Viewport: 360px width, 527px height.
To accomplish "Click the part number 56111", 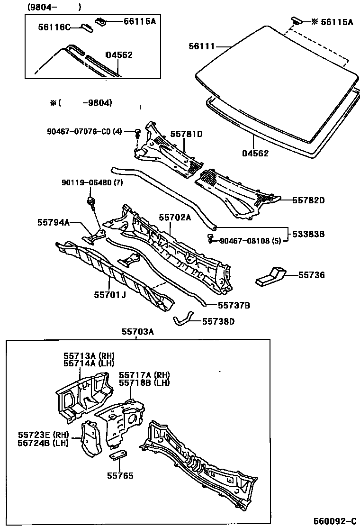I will point(202,46).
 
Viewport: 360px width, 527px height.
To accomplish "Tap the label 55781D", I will point(186,134).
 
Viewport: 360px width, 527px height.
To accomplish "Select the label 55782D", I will point(308,200).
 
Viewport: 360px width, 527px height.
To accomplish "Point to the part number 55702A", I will point(175,218).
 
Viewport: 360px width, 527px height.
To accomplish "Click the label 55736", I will point(312,274).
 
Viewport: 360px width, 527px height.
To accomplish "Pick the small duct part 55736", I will point(270,277).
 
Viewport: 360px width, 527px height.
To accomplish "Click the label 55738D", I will point(218,321).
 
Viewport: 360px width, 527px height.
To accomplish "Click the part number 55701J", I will point(109,295).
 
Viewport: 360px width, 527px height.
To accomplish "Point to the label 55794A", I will point(54,222).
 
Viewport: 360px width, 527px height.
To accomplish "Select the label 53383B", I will point(308,234).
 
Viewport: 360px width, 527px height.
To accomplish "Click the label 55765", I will point(120,475).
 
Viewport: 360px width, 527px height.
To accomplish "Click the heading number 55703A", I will point(138,332).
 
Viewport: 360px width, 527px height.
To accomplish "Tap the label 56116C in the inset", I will point(54,27).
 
